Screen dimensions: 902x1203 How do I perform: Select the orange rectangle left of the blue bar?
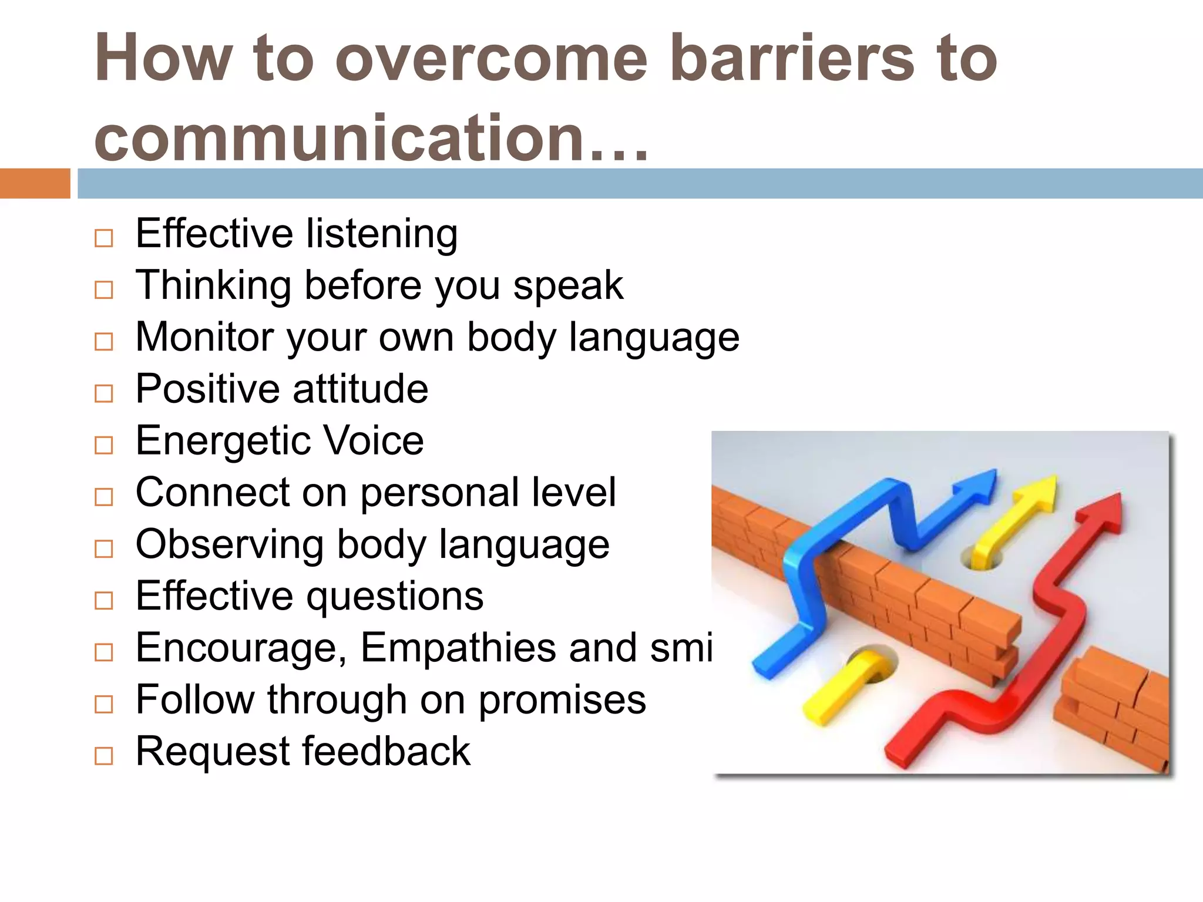click(35, 183)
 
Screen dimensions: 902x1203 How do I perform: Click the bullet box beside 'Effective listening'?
click(104, 238)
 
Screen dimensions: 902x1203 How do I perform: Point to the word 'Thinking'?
click(213, 286)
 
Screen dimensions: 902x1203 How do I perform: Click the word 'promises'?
click(562, 701)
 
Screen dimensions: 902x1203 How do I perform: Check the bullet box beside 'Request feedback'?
click(104, 755)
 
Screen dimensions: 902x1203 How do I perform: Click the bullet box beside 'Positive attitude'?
click(104, 393)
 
